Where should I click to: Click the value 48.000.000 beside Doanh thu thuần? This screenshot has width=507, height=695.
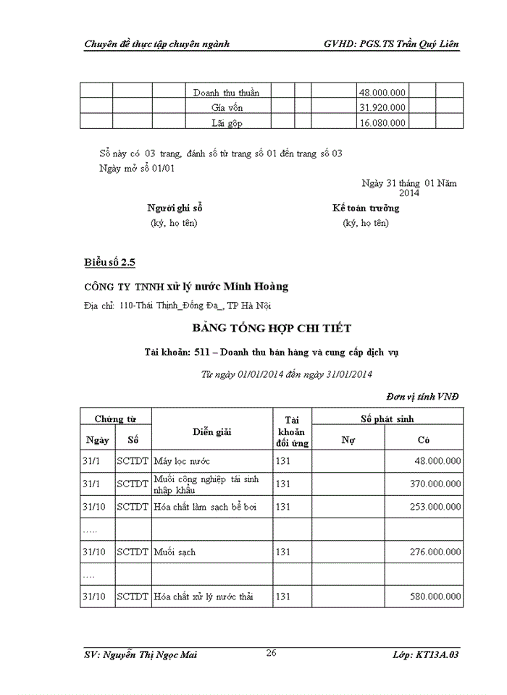tap(382, 93)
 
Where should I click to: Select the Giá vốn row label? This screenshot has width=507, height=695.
tap(227, 108)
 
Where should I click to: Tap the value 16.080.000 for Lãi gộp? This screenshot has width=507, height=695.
tap(382, 123)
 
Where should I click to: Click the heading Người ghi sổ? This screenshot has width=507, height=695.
tap(175, 208)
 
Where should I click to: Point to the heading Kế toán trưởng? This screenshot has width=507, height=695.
tap(365, 208)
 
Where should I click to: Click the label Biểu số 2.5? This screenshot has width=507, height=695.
tap(109, 261)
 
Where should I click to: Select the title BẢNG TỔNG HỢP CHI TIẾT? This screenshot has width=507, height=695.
tap(272, 329)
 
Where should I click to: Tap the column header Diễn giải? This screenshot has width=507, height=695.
tap(211, 432)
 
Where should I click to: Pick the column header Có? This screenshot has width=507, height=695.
tap(424, 439)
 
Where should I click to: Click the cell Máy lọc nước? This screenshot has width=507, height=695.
tap(183, 461)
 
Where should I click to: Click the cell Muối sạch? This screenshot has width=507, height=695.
tap(175, 552)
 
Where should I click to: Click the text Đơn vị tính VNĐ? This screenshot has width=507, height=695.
tap(422, 396)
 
